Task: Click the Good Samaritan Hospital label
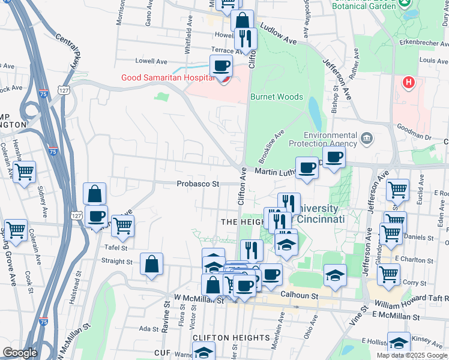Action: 167,77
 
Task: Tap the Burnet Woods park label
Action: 277,97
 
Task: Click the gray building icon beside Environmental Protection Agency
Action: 367,140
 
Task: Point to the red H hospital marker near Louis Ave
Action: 409,82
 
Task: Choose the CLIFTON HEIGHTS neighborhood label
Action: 228,338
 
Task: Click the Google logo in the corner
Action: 20,353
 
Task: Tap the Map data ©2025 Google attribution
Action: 412,355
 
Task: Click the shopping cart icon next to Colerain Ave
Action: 25,173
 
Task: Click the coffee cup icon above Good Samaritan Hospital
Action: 221,65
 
